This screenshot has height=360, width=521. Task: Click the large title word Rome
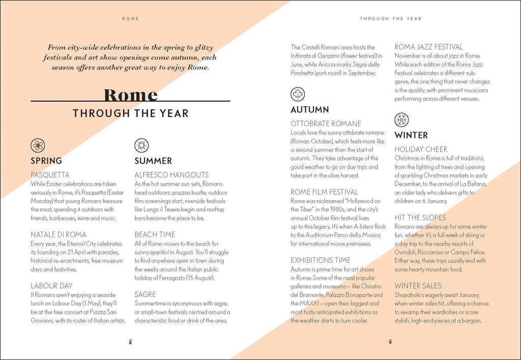point(130,95)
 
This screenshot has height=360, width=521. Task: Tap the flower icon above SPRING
point(38,146)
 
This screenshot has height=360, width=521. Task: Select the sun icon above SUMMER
point(141,146)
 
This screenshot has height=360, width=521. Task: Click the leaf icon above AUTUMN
point(298,94)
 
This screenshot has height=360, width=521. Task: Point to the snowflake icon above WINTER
point(401,120)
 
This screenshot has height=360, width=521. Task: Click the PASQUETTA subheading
point(50,175)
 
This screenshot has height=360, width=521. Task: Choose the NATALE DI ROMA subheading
point(59,234)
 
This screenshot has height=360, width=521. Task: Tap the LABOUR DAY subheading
point(51,286)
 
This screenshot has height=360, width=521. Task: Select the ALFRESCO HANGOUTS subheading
point(171,175)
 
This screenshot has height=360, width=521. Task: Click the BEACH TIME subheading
point(154,234)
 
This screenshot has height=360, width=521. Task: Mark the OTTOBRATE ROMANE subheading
point(326,124)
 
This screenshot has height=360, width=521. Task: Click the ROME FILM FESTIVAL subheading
point(324,192)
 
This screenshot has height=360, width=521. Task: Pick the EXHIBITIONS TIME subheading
point(321,260)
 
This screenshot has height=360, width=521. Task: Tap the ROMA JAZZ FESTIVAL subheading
point(429,47)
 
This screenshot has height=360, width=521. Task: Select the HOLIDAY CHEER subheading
point(421,149)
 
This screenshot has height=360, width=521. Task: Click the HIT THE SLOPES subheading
point(420,217)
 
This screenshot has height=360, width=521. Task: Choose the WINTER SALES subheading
point(418,286)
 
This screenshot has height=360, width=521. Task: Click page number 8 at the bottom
point(130,342)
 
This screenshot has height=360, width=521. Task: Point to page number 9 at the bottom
point(390,342)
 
